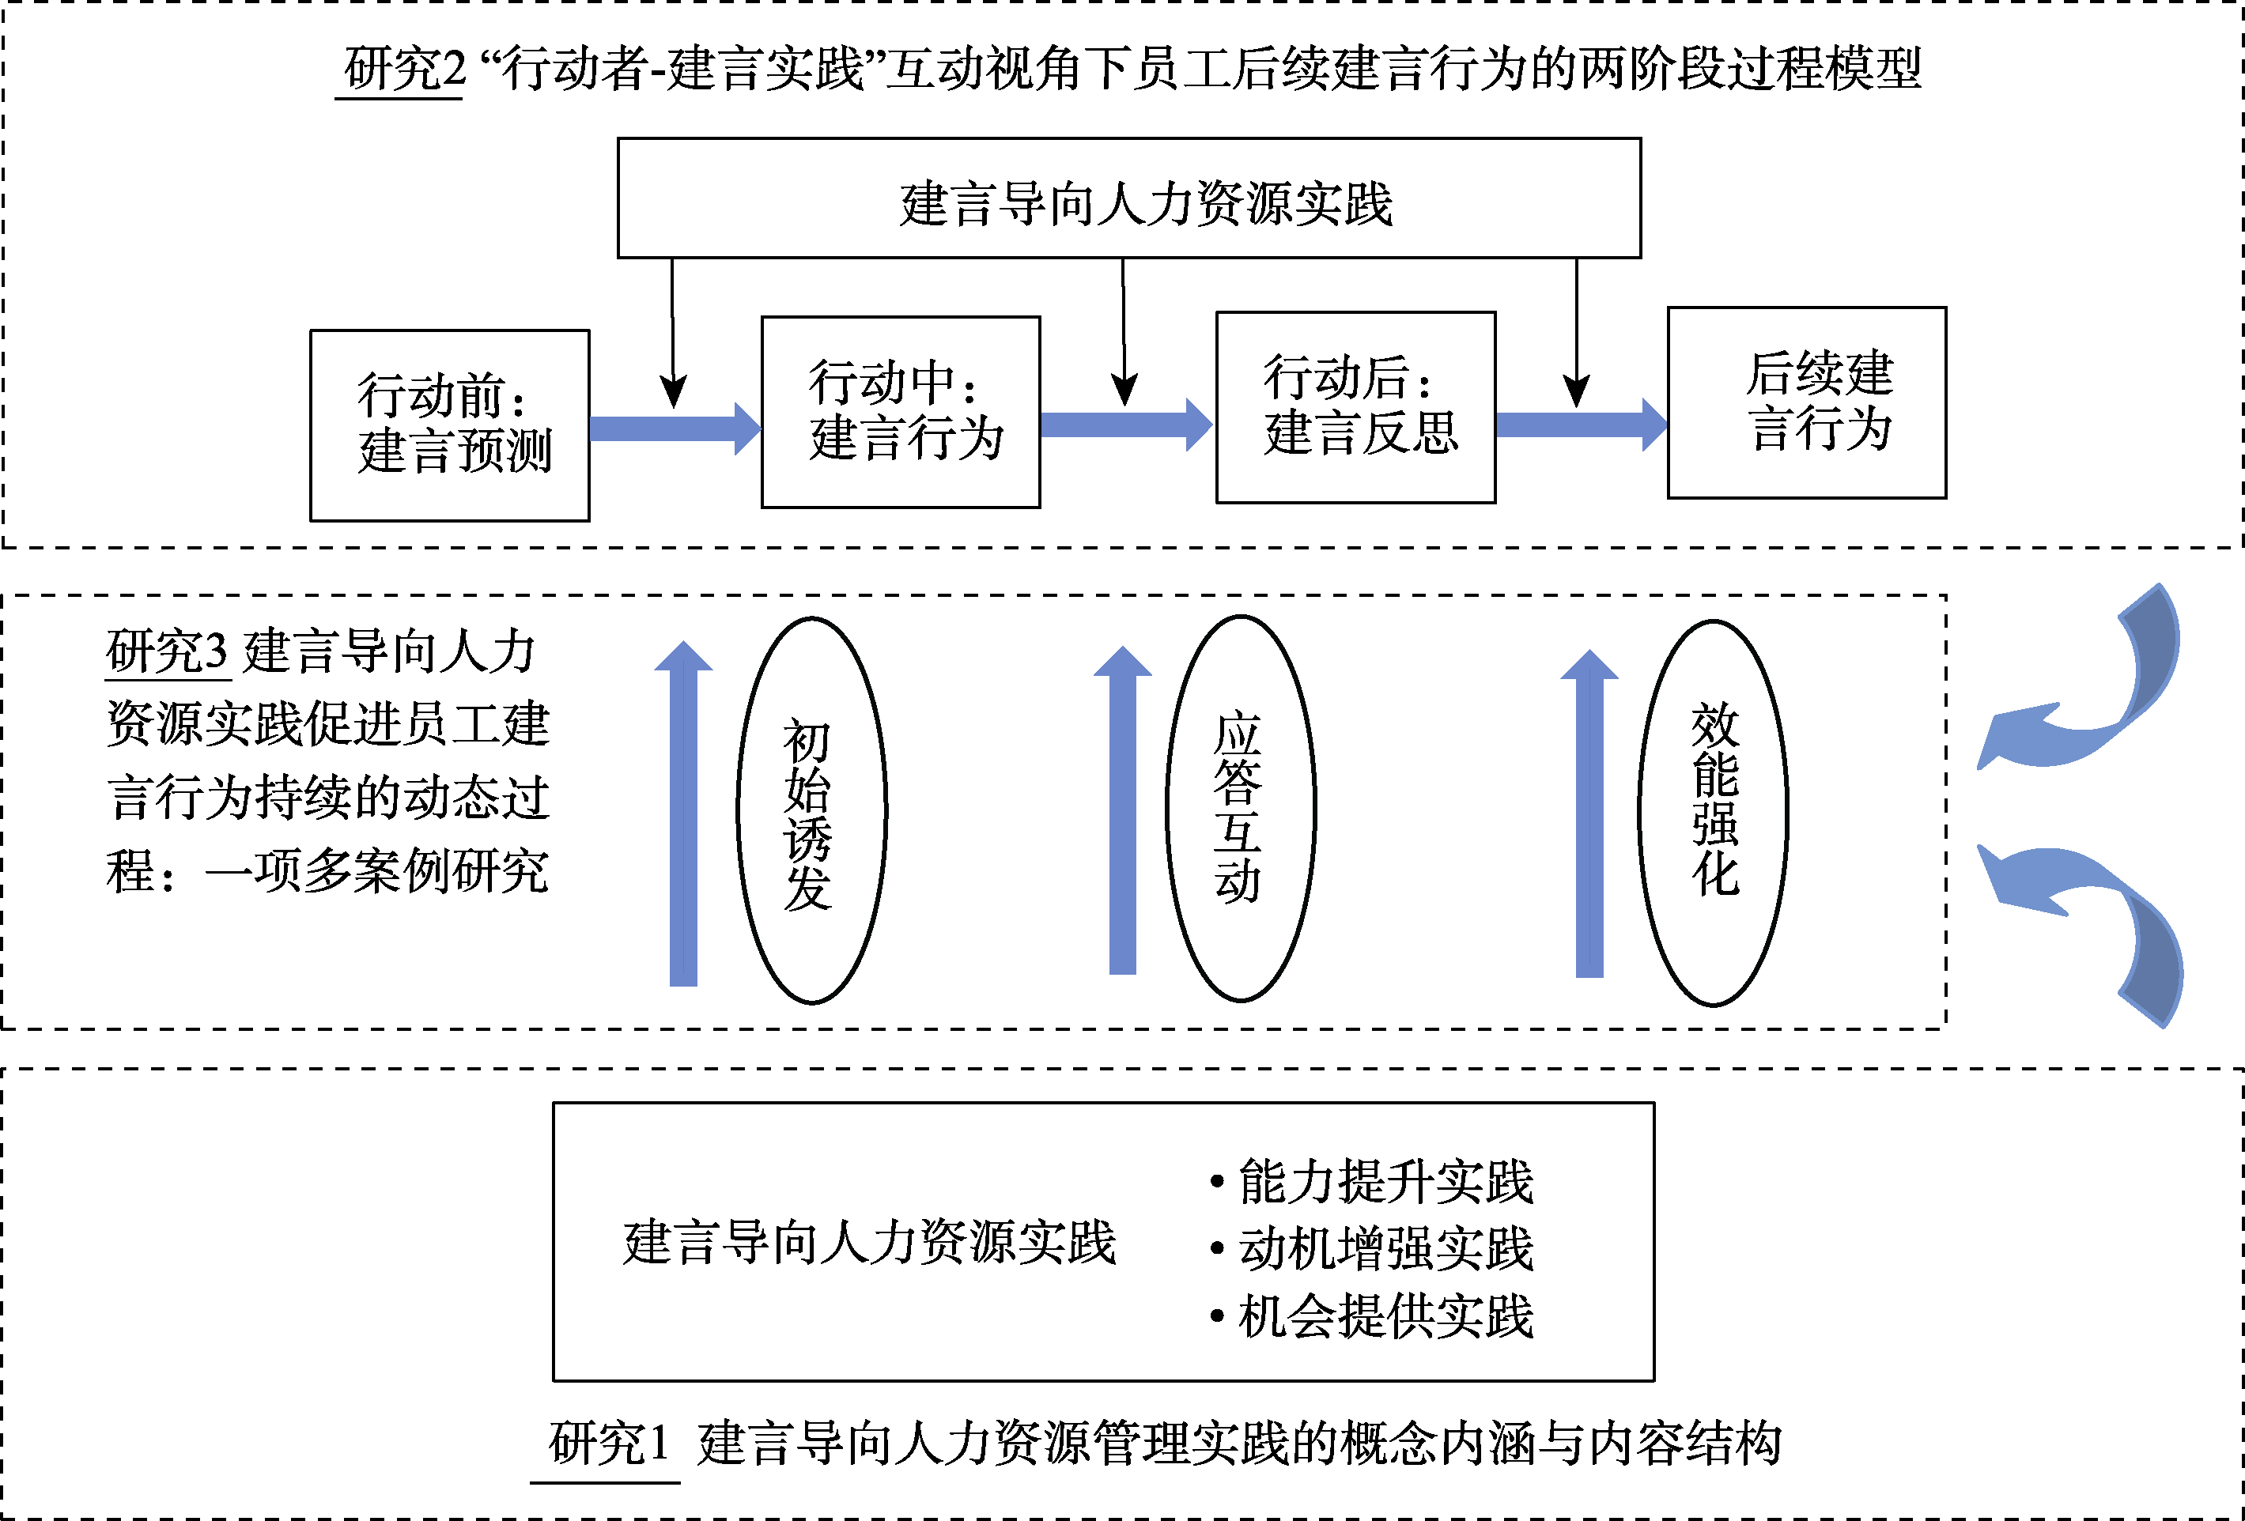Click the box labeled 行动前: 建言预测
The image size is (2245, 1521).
coord(449,425)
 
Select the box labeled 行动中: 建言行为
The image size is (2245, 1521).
coord(901,411)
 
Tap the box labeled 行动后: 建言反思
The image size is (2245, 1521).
coord(1355,406)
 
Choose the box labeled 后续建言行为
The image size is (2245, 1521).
coord(1806,402)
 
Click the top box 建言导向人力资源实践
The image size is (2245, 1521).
coord(1128,198)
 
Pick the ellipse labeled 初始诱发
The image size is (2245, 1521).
coord(811,810)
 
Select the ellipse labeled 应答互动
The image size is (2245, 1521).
coord(1241,807)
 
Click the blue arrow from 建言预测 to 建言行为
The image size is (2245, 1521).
coord(675,428)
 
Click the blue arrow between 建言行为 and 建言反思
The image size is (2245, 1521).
coord(1125,425)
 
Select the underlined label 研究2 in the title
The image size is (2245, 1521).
coord(404,70)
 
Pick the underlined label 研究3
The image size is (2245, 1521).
coord(166,651)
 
